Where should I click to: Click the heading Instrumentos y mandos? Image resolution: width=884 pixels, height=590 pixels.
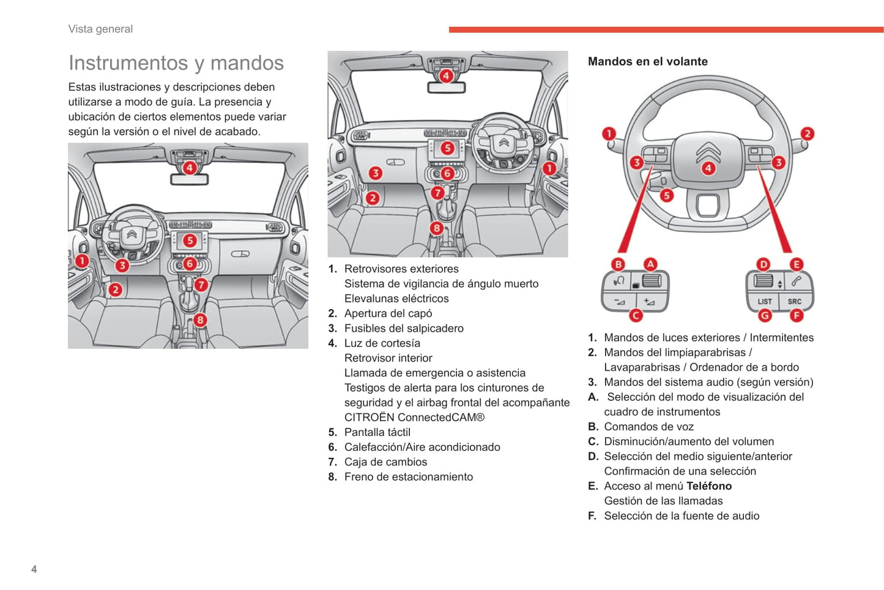pyautogui.click(x=176, y=63)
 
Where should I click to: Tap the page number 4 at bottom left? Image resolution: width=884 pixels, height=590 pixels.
pyautogui.click(x=34, y=569)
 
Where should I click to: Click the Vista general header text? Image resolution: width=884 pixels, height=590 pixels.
pyautogui.click(x=100, y=29)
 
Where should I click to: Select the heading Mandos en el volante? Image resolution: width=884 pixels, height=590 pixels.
pyautogui.click(x=647, y=61)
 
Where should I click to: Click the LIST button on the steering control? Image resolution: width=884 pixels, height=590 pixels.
pyautogui.click(x=764, y=301)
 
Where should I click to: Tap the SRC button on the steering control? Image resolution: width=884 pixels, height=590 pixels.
pyautogui.click(x=794, y=301)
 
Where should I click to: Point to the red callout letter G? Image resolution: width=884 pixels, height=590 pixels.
pyautogui.click(x=765, y=315)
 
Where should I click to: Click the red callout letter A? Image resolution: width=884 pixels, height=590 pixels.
pyautogui.click(x=650, y=264)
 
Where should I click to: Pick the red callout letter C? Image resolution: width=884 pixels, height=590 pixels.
pyautogui.click(x=636, y=315)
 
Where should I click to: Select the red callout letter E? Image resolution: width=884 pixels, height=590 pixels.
pyautogui.click(x=796, y=264)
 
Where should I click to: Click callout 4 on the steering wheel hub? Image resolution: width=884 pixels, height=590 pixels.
pyautogui.click(x=708, y=168)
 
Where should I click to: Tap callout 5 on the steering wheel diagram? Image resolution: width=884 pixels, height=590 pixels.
pyautogui.click(x=666, y=195)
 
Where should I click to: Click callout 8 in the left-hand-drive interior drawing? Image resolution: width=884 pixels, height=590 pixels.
pyautogui.click(x=200, y=319)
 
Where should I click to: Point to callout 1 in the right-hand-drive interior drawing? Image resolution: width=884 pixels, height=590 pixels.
pyautogui.click(x=549, y=168)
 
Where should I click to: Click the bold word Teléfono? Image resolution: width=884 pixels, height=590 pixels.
pyautogui.click(x=709, y=486)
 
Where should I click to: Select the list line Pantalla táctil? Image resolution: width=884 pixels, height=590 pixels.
pyautogui.click(x=377, y=432)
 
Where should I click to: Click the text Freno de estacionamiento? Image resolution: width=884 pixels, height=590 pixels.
pyautogui.click(x=408, y=477)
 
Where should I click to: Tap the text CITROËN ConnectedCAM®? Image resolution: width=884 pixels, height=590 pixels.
pyautogui.click(x=414, y=417)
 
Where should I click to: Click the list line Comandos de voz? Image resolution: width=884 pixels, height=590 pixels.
pyautogui.click(x=648, y=427)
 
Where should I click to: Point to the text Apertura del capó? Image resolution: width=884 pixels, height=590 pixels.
pyautogui.click(x=388, y=313)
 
